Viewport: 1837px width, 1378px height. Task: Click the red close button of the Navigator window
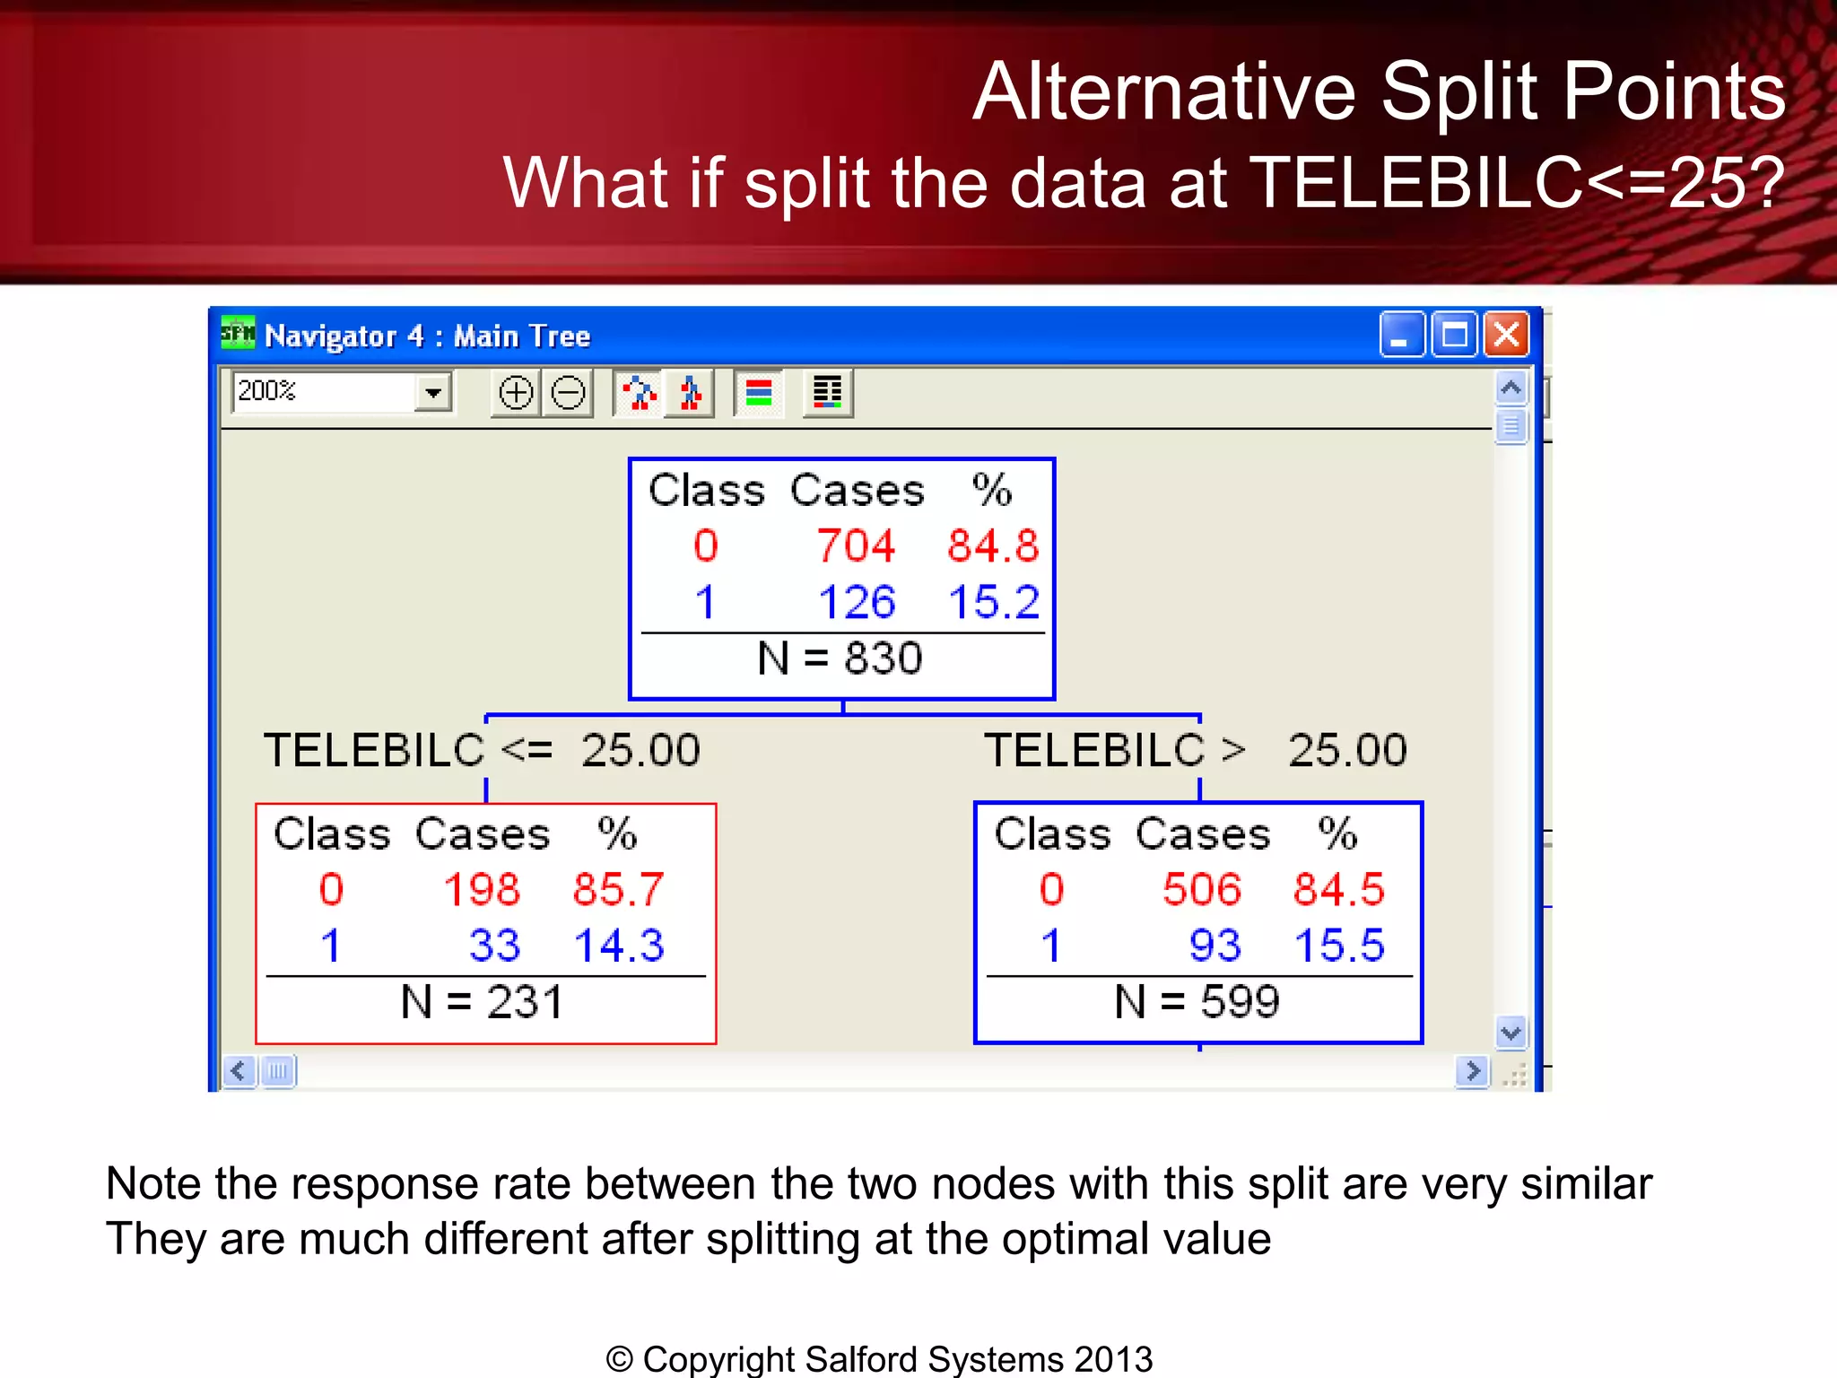tap(1507, 336)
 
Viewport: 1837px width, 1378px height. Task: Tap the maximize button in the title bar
tap(1454, 336)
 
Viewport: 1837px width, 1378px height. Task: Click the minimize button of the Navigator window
tap(1401, 336)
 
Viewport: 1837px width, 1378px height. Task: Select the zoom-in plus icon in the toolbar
tap(516, 393)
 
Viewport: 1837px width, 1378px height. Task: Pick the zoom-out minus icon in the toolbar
tap(568, 393)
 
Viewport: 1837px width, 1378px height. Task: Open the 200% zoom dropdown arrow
tap(433, 393)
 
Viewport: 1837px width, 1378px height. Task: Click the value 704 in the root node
tap(856, 545)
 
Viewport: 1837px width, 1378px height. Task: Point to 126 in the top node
tap(857, 602)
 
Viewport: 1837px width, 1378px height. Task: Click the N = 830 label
tap(840, 658)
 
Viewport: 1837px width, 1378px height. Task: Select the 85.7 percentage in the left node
tap(618, 890)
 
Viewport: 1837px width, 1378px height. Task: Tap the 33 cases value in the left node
tap(494, 946)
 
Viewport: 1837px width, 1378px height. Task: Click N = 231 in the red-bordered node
tap(483, 1002)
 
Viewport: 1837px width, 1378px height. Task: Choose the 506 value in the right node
tap(1202, 890)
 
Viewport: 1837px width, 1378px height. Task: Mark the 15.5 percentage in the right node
tap(1339, 946)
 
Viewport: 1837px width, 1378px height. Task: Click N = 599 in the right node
tap(1197, 1002)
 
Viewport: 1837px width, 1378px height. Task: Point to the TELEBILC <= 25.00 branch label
tap(482, 750)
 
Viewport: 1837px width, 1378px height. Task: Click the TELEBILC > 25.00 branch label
tap(1195, 750)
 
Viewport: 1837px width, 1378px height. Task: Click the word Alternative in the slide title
tap(1164, 92)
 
